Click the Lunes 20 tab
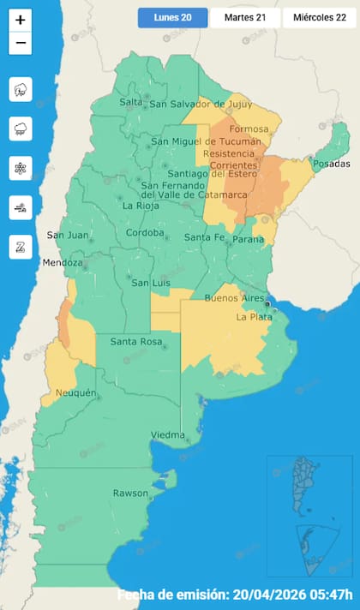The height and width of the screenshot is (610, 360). point(172,17)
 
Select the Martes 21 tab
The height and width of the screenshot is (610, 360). point(244,17)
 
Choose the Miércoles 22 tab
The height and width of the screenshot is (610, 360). point(319,17)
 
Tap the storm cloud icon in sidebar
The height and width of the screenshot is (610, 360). point(21,89)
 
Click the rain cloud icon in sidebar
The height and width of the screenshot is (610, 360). point(21,129)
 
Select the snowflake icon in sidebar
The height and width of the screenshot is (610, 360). point(21,168)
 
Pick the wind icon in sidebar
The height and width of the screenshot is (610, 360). point(21,207)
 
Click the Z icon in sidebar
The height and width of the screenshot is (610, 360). point(21,247)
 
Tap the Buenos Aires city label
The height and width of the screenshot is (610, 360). point(234,298)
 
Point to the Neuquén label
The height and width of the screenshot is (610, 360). point(75,393)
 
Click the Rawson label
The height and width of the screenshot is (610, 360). point(131,493)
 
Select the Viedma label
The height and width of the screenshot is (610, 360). point(168,435)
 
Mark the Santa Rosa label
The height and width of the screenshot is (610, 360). point(136,342)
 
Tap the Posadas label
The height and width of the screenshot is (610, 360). point(332,164)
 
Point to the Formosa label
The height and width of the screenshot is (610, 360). point(250,129)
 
